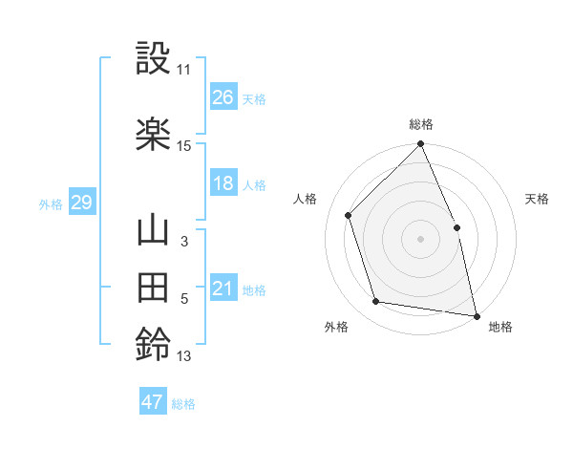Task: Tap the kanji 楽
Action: [154, 134]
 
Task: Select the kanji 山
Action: [154, 232]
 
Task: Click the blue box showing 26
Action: [223, 97]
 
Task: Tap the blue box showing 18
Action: [223, 183]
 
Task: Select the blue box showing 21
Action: [223, 289]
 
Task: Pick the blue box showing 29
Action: [81, 203]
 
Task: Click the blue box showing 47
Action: [153, 402]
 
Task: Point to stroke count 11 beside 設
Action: [184, 70]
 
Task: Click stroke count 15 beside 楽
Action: [184, 146]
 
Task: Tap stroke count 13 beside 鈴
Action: [184, 356]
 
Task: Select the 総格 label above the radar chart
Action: [421, 124]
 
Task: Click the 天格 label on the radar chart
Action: [537, 199]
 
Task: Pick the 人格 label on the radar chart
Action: [305, 199]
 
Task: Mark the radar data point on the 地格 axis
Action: [477, 314]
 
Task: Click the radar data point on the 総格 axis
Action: [420, 145]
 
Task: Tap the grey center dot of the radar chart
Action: [420, 238]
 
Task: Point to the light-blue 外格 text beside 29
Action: [51, 203]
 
